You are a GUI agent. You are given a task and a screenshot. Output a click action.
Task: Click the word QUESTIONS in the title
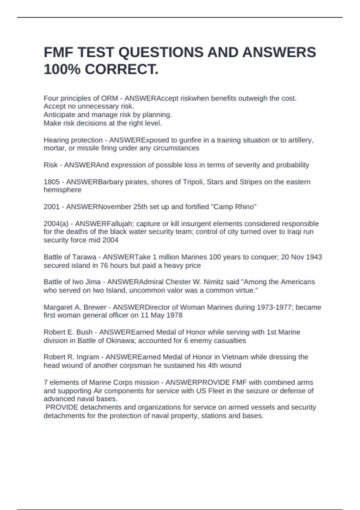tap(161, 52)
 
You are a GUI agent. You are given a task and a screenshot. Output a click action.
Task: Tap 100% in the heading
tap(62, 70)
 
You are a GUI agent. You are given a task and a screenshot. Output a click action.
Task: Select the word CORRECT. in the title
tap(121, 70)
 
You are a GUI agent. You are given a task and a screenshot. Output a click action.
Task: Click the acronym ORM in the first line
tap(109, 98)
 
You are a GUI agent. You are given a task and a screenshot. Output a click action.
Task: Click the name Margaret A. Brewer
tap(75, 307)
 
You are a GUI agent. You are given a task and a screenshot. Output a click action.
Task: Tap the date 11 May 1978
tap(162, 315)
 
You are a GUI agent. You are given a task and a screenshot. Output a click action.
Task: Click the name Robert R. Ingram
tap(71, 357)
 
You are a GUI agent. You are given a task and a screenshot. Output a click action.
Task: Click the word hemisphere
tap(62, 190)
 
